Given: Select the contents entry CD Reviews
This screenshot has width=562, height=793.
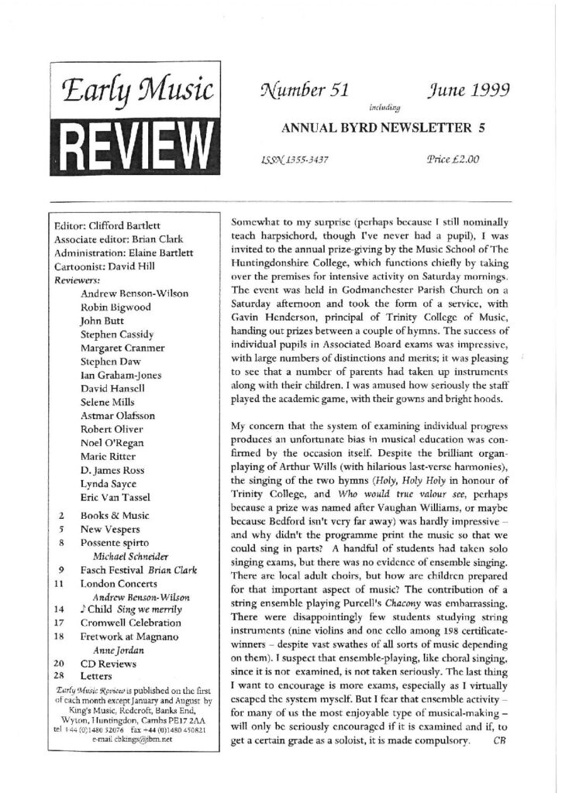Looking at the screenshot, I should (110, 663).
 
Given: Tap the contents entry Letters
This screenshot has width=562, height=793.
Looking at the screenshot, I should (98, 676).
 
